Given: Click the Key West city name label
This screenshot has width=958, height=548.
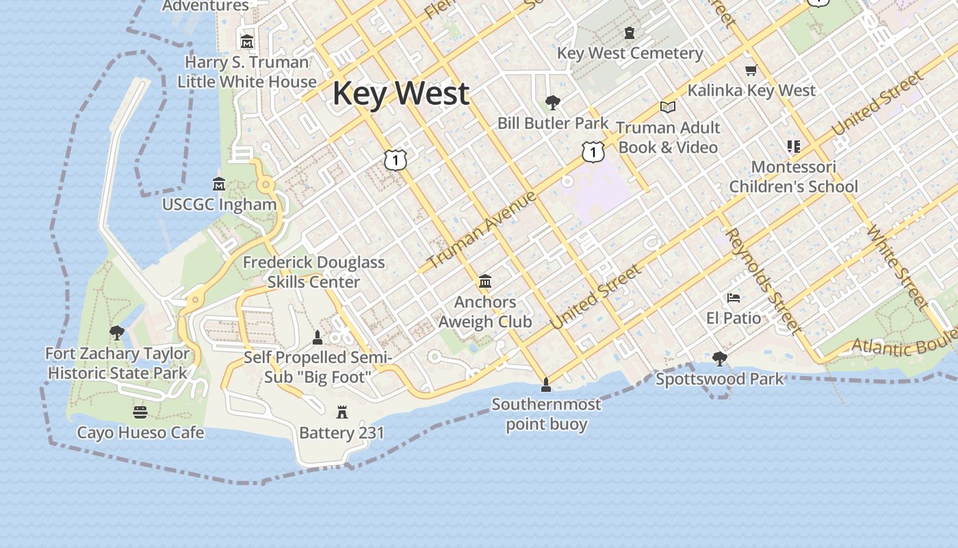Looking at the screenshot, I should (401, 93).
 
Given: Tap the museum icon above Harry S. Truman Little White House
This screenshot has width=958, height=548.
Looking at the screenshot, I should (247, 42).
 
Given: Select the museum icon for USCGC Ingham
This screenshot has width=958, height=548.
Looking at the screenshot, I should (219, 184).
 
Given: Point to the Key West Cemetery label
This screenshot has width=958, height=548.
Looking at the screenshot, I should (630, 53).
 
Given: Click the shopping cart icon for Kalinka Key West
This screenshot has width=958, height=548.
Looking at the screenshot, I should (751, 70).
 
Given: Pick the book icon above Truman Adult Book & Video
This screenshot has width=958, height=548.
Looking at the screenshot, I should (667, 107).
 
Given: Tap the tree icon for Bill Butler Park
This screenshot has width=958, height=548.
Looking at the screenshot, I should (552, 103).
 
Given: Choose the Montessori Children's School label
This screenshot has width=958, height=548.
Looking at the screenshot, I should (793, 177).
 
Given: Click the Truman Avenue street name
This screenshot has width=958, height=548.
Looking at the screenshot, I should (482, 231).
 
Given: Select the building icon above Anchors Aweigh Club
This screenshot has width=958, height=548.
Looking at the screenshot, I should (485, 281).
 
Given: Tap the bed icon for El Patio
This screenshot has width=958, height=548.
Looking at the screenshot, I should (734, 298).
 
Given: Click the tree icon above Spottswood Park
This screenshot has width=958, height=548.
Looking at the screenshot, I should (719, 358).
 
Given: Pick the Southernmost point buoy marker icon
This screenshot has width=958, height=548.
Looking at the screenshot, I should (545, 384).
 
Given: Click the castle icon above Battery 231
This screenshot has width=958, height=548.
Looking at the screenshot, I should (342, 412).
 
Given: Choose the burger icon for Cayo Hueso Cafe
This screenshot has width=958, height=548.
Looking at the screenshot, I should (140, 412).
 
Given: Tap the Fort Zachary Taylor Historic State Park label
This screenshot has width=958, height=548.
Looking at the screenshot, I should (118, 363).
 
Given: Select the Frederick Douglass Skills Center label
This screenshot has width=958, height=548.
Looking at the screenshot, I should (313, 272).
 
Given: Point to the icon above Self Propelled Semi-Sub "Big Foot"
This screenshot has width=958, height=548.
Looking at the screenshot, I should (318, 337).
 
